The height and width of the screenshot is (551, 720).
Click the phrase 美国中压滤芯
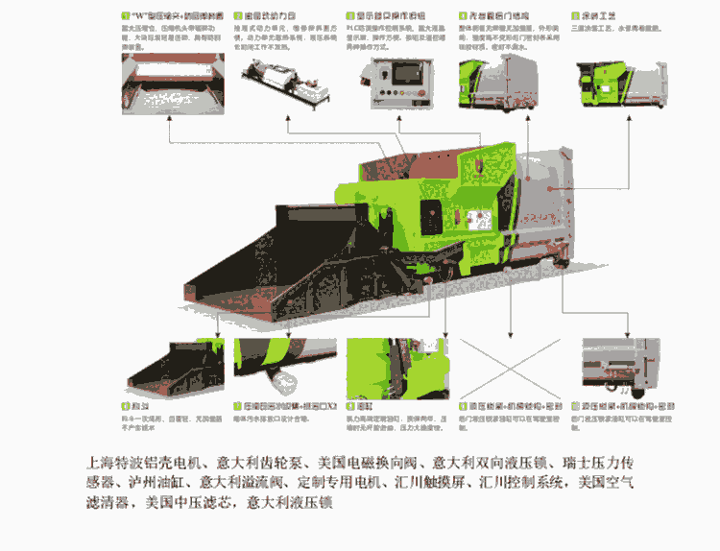pyautogui.click(x=193, y=503)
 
